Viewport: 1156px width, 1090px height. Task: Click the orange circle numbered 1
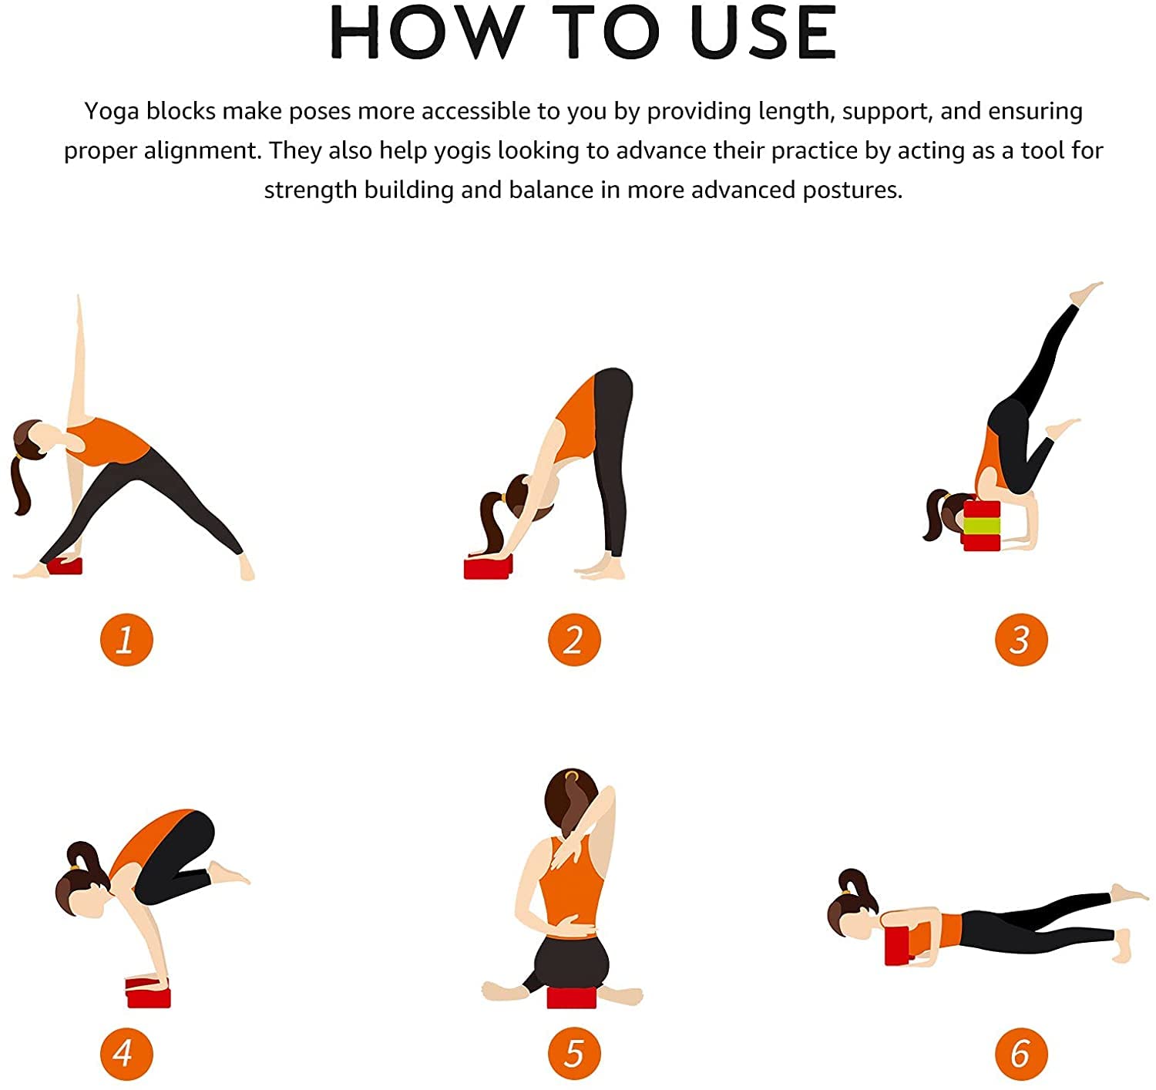pyautogui.click(x=126, y=639)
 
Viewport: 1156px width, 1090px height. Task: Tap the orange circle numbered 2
pyautogui.click(x=574, y=639)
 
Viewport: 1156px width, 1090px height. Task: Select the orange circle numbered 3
pyautogui.click(x=1021, y=639)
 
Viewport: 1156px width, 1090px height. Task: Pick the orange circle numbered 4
pyautogui.click(x=126, y=1054)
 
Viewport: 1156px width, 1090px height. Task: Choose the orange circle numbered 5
pyautogui.click(x=574, y=1054)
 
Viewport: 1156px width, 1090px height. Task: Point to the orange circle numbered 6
pyautogui.click(x=1021, y=1054)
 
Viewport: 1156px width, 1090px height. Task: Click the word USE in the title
pyautogui.click(x=762, y=32)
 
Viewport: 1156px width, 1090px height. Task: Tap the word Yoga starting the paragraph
pyautogui.click(x=112, y=112)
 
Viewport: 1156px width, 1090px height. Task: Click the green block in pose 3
pyautogui.click(x=981, y=526)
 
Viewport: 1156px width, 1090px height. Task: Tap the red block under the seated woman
pyautogui.click(x=572, y=997)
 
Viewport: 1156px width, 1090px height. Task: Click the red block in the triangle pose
pyautogui.click(x=65, y=565)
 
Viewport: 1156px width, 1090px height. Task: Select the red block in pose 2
pyautogui.click(x=488, y=567)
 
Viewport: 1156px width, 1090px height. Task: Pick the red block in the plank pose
pyautogui.click(x=899, y=946)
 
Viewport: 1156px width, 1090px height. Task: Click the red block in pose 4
pyautogui.click(x=149, y=992)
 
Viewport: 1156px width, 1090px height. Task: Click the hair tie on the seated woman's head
pyautogui.click(x=572, y=775)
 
